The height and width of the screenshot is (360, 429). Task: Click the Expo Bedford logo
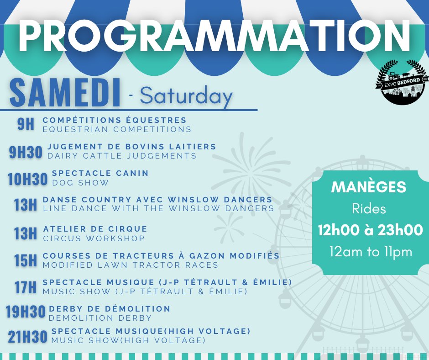coord(402,82)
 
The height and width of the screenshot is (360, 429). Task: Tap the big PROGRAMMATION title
coord(214,36)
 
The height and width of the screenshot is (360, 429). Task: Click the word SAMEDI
coord(65,93)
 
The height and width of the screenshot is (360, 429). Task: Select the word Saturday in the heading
coord(186,96)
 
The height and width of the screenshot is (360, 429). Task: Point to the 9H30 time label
coord(26,152)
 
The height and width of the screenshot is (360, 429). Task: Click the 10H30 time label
coord(27,179)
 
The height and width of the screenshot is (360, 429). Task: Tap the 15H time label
coord(26,260)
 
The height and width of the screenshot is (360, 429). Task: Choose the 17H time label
coord(26,287)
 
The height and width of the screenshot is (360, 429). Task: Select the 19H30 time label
coord(26,312)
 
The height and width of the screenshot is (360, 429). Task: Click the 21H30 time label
coord(27,337)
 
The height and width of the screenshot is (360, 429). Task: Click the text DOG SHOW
coord(80,183)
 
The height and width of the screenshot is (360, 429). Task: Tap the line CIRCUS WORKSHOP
coord(94,238)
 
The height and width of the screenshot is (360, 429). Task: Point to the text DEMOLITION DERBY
coord(100,318)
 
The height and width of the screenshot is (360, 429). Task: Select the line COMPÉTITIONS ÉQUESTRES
coord(115,120)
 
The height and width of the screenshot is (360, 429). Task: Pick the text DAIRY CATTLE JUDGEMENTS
coord(122,156)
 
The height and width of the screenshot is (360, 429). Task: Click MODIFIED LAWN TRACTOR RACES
coord(131,265)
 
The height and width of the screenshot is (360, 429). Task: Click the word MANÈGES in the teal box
coord(369,187)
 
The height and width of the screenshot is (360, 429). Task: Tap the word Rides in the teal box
coord(369,209)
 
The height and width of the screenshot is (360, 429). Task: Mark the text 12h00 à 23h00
coord(371,230)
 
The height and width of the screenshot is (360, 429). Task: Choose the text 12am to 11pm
coord(371,252)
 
